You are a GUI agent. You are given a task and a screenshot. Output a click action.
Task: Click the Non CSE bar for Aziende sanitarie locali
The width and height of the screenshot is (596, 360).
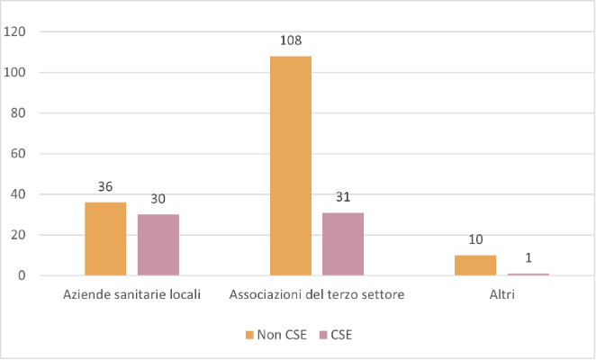pos(105,238)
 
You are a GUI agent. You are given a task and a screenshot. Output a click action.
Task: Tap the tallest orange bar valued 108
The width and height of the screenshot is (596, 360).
pos(291,166)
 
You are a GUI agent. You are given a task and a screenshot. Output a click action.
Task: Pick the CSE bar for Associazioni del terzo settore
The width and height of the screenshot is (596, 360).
pos(343,244)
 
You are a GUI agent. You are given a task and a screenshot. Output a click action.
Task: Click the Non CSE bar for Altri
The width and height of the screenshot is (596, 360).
pos(475,265)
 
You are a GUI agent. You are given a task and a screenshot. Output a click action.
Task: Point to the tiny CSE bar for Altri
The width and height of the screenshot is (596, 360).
pos(528,274)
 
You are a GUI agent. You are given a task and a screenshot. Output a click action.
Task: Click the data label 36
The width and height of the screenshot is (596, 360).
pos(105,187)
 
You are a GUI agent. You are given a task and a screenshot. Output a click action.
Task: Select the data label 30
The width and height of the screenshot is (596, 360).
pos(158,200)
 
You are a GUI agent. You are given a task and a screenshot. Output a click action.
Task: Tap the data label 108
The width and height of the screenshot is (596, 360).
pos(291,40)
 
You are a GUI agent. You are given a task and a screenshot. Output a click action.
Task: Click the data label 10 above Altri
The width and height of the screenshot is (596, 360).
pos(475,240)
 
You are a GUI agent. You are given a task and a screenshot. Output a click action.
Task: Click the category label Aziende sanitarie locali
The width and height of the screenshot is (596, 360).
pos(132,294)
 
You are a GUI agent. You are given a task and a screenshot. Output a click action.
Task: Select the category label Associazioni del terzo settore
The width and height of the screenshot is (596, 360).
pos(317,294)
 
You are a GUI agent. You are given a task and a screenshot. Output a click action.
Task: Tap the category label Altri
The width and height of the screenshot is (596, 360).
pos(501,294)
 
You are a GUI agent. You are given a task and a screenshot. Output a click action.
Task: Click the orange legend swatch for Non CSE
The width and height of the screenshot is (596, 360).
pos(249,335)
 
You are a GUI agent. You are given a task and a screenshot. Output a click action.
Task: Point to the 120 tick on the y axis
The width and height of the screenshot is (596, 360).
pos(15,31)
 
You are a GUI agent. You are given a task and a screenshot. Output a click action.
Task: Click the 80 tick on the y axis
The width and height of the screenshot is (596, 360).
pos(18,113)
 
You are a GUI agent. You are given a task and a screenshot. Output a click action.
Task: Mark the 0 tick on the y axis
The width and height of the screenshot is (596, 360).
pos(22,276)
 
